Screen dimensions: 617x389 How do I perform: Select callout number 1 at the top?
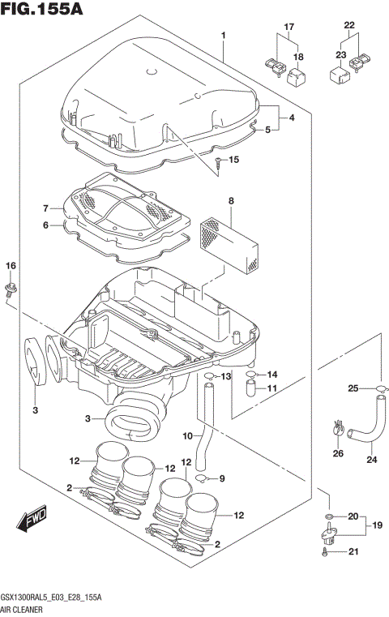click(223, 35)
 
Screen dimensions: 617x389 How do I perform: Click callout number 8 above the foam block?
click(231, 200)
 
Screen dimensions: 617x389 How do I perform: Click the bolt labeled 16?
click(11, 290)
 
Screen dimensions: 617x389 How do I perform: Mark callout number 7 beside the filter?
click(46, 208)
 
